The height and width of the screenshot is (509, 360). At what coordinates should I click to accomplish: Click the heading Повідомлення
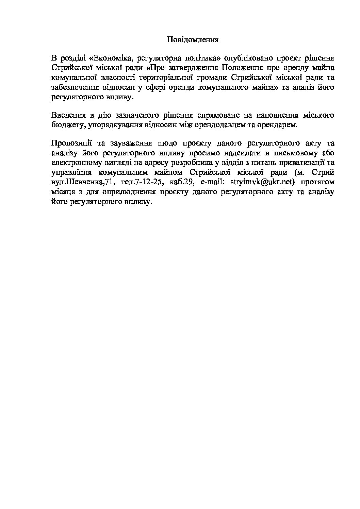tap(192, 40)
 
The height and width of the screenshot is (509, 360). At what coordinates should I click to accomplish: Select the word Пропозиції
tap(70, 142)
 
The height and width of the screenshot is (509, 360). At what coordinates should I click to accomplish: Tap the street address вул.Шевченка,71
tap(82, 182)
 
